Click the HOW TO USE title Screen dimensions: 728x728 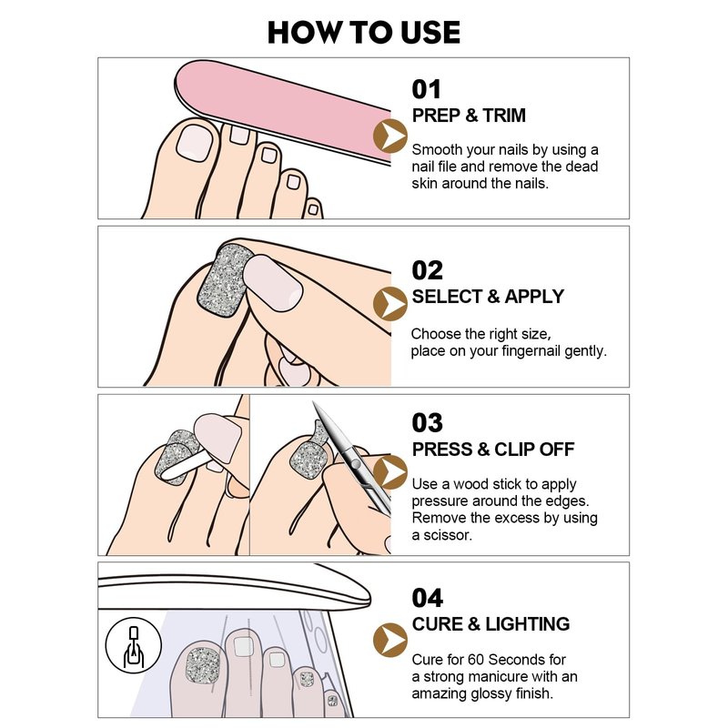(x=363, y=32)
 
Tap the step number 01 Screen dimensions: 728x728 (x=426, y=89)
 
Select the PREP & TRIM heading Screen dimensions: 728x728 (x=469, y=116)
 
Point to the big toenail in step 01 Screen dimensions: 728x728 (x=194, y=144)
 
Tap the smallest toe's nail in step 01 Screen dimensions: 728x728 (x=313, y=209)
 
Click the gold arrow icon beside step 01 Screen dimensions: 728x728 (x=390, y=136)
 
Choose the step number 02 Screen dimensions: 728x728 (x=427, y=270)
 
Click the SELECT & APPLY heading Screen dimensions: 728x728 (x=488, y=297)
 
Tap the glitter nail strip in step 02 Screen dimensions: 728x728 (x=224, y=281)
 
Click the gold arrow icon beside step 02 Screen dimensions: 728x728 (x=390, y=304)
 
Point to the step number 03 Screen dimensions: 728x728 (x=427, y=423)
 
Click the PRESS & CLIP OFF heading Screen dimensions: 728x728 (x=493, y=449)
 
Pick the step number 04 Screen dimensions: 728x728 (x=427, y=598)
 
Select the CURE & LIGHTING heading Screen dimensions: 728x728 (x=490, y=624)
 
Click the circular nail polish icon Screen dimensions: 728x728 (x=133, y=645)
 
